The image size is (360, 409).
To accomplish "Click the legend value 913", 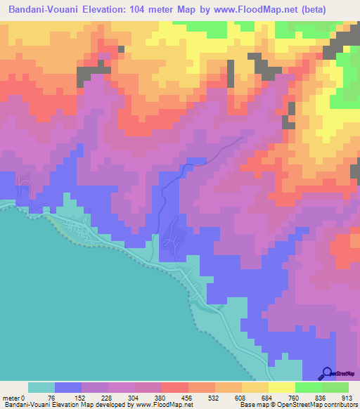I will coord(347,398).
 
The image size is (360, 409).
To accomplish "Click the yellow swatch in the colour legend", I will coord(281,387).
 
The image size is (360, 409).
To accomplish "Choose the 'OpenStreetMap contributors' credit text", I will coord(320,405).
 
